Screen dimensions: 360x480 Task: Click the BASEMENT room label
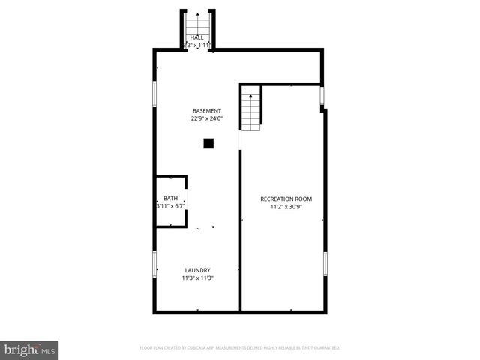(206, 111)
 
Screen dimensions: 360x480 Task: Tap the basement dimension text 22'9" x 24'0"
(206, 118)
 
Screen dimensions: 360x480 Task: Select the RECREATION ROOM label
(286, 199)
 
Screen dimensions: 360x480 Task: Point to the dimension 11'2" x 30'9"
(286, 207)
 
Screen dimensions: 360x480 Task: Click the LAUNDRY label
(198, 270)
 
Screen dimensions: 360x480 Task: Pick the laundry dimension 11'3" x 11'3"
(198, 278)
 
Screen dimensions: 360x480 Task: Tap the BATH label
(171, 198)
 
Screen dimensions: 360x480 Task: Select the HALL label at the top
(197, 37)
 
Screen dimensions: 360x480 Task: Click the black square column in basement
(209, 143)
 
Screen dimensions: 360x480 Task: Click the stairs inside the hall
(198, 26)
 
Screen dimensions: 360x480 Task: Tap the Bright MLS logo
(30, 349)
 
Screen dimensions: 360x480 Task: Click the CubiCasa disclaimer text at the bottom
(240, 348)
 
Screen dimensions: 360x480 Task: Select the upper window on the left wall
(155, 92)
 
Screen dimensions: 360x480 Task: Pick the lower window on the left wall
(155, 265)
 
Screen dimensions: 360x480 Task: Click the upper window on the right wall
(322, 97)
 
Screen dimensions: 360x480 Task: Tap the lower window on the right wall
(325, 263)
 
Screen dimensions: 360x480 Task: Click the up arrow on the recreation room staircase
(250, 97)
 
